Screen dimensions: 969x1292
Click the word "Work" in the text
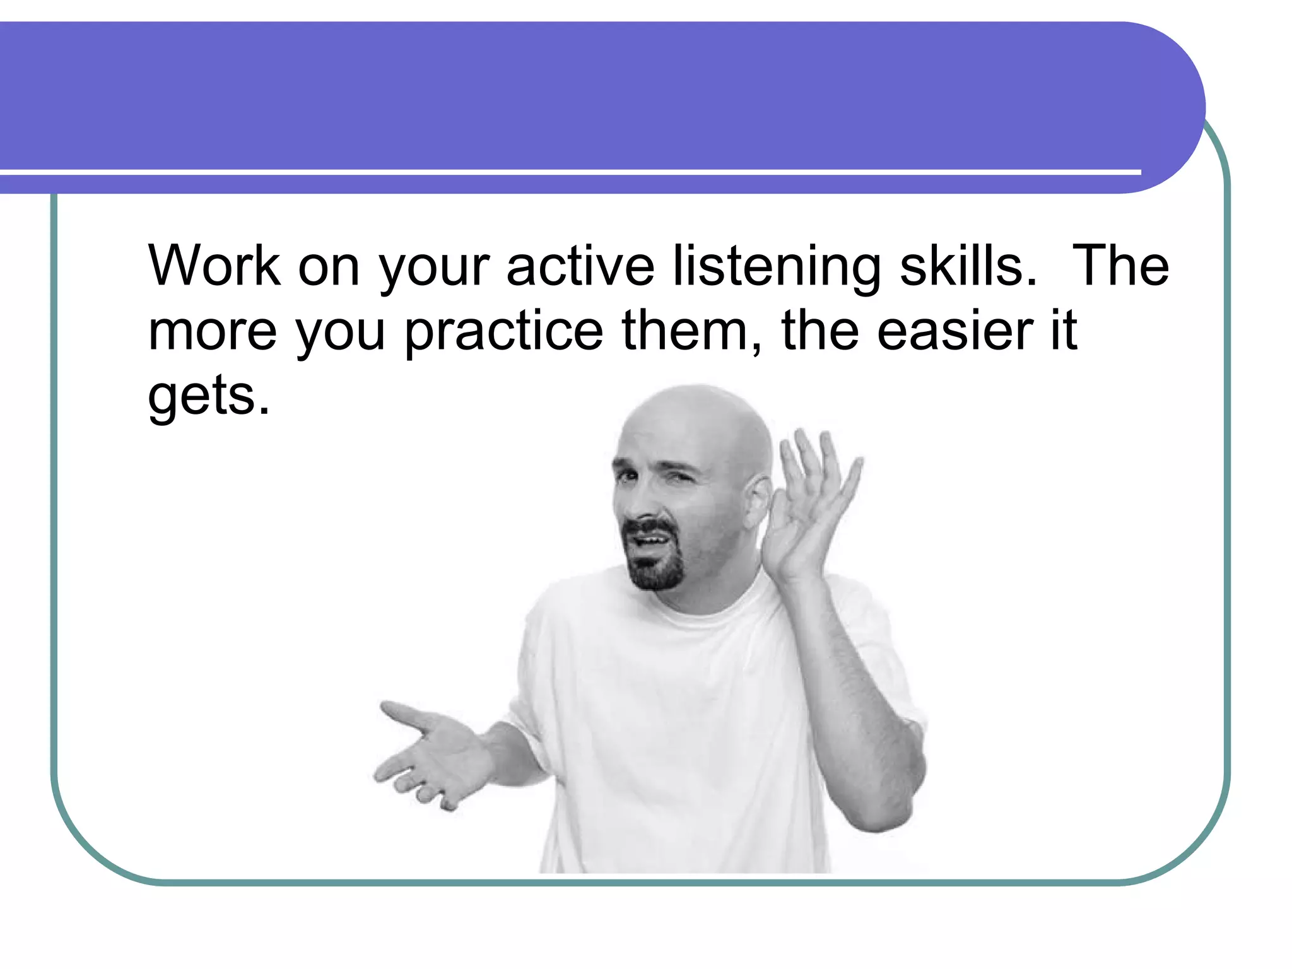tap(214, 266)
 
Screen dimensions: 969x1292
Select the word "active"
tap(580, 266)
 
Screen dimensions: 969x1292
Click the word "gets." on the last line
tap(209, 397)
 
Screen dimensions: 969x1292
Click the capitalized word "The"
tap(1120, 266)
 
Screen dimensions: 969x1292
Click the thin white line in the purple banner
tap(568, 172)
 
